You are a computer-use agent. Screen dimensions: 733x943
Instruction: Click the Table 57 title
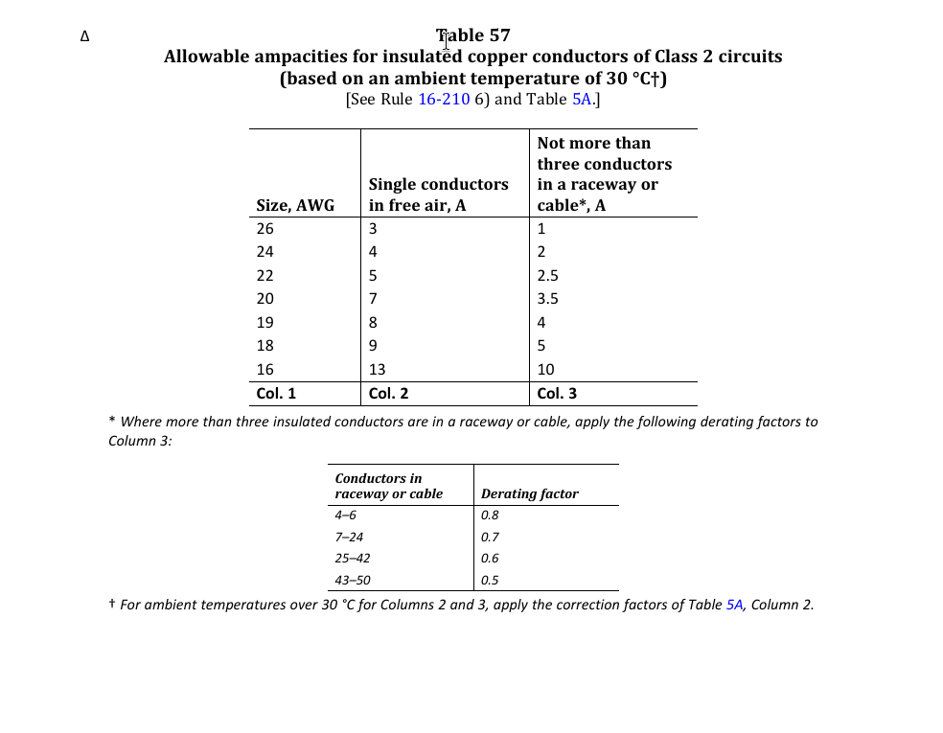click(472, 35)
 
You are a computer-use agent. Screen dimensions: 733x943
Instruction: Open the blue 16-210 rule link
click(444, 100)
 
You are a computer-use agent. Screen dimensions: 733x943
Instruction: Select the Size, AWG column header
click(295, 205)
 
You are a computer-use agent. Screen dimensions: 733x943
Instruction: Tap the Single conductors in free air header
click(438, 195)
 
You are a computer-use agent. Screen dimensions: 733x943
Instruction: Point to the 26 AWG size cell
click(265, 229)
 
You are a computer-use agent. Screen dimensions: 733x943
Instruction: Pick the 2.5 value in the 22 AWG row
click(547, 276)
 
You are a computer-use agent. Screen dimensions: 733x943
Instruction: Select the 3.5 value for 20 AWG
click(547, 299)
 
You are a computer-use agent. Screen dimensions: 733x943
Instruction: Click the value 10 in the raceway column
click(545, 370)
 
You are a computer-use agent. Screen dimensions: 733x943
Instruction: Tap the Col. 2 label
click(388, 394)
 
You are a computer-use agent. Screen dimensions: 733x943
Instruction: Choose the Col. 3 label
click(557, 394)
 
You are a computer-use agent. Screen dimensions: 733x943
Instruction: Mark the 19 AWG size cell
click(265, 323)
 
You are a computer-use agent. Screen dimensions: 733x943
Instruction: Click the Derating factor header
click(529, 494)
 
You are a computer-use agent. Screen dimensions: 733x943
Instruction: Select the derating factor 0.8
click(490, 515)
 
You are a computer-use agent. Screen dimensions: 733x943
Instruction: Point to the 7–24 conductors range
click(349, 538)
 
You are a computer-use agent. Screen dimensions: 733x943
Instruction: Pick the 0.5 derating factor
click(490, 581)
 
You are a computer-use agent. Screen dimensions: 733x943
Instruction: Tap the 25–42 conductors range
click(352, 559)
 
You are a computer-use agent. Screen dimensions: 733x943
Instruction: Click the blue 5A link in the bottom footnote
click(734, 605)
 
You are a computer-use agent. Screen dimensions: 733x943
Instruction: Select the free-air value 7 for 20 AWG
click(373, 299)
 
